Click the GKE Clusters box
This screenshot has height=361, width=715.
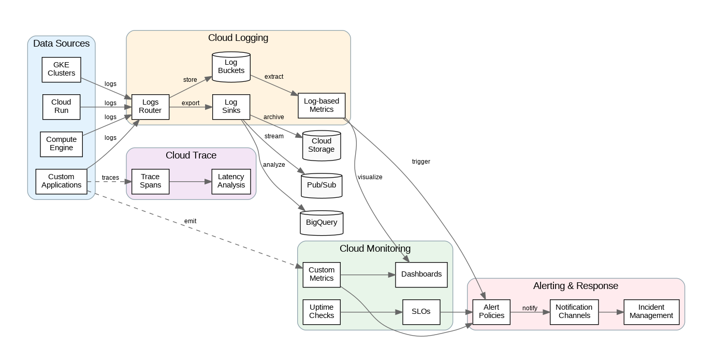coord(62,69)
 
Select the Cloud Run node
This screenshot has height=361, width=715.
coord(61,107)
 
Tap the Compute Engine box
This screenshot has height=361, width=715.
coord(61,144)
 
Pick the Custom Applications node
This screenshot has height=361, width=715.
coord(61,181)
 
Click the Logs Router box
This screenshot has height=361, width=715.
coord(150,107)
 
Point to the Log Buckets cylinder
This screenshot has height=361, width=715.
coord(231,67)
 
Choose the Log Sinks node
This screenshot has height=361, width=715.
coord(231,107)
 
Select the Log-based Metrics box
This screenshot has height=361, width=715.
coord(322,105)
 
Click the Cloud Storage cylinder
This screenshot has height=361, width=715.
coord(322,146)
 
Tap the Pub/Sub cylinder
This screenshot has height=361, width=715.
coord(322,186)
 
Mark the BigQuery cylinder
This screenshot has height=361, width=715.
coord(322,223)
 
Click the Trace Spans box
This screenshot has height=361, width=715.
coord(150,181)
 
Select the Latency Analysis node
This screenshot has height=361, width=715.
coord(231,181)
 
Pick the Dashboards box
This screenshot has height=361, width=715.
coord(421,275)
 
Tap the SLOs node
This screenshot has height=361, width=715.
coord(421,312)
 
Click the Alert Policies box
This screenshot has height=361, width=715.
coord(491,312)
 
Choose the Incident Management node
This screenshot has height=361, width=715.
coord(651,312)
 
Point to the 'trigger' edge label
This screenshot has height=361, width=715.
coord(421,162)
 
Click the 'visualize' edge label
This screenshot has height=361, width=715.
coord(370,177)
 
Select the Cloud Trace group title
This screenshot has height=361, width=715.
coord(191,155)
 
